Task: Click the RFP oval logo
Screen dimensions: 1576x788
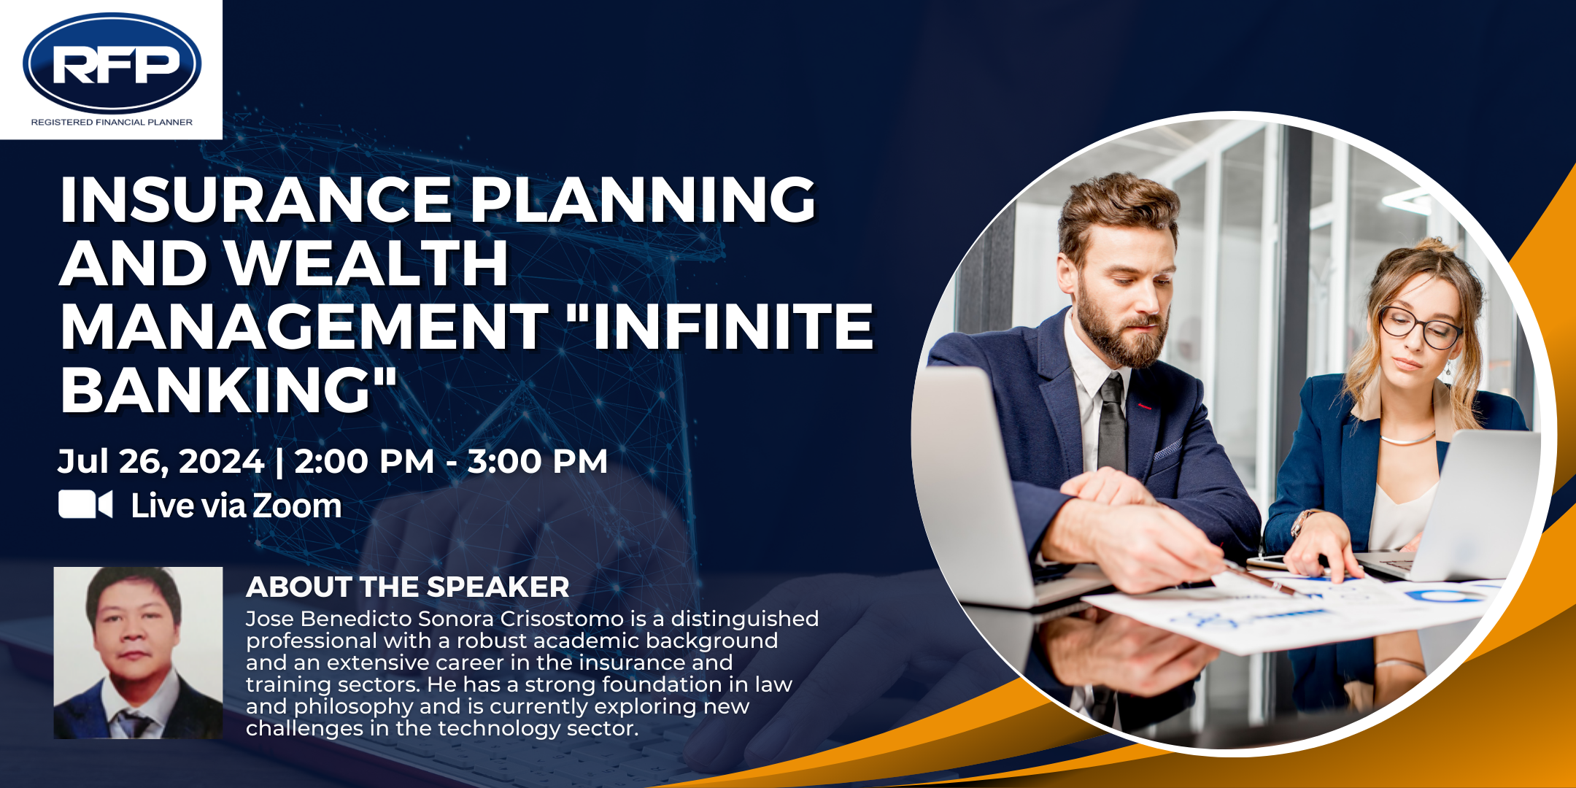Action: coord(112,63)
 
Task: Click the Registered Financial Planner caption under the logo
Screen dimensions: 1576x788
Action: coord(112,123)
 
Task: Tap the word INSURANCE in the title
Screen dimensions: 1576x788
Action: coord(256,199)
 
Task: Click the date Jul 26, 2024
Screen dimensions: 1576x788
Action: coord(161,462)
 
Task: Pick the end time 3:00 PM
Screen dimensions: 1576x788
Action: coord(537,461)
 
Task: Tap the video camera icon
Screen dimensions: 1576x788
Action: coord(85,504)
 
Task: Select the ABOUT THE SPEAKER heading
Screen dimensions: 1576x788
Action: coord(407,587)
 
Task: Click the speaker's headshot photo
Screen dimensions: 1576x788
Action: coord(139,653)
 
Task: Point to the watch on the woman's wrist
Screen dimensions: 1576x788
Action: coord(1300,521)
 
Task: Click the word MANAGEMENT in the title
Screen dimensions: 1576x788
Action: coord(304,326)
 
